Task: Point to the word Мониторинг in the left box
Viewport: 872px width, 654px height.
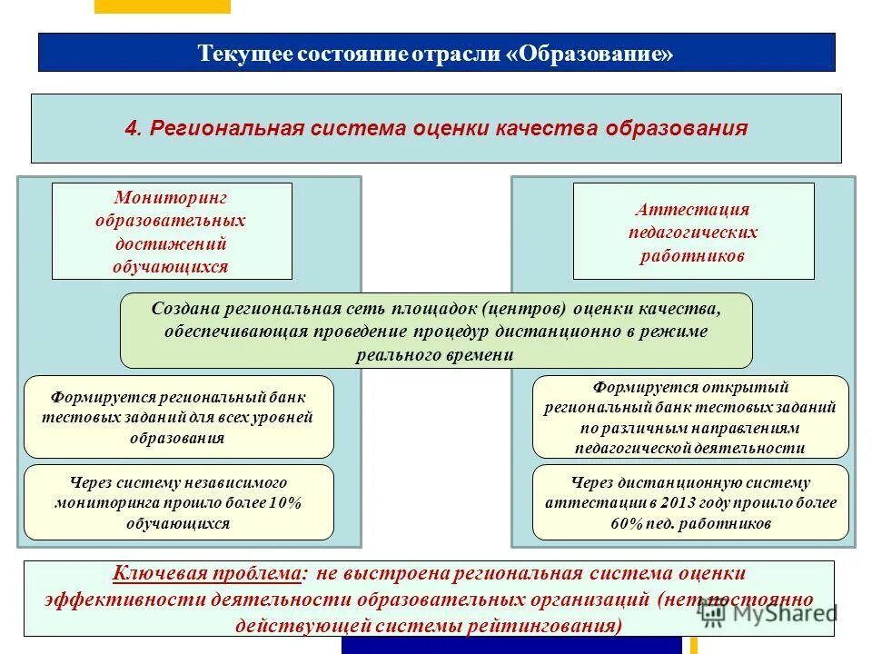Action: (171, 197)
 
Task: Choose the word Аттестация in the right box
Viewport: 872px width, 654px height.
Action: (692, 209)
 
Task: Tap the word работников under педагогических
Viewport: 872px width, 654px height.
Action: (692, 255)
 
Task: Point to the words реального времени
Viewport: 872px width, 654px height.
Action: (435, 354)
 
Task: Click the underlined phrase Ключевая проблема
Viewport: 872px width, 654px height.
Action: (206, 574)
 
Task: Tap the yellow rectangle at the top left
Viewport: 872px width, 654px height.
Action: (163, 6)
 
